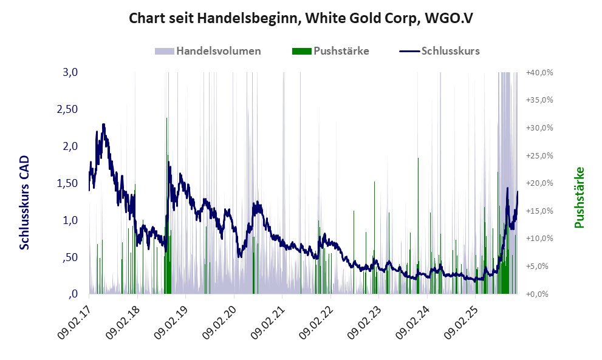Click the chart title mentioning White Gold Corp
click(301, 18)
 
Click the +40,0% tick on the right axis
click(538, 72)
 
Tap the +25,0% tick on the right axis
click(538, 155)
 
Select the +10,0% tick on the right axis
click(538, 239)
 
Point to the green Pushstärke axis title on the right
click(578, 197)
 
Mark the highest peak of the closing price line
click(104, 124)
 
